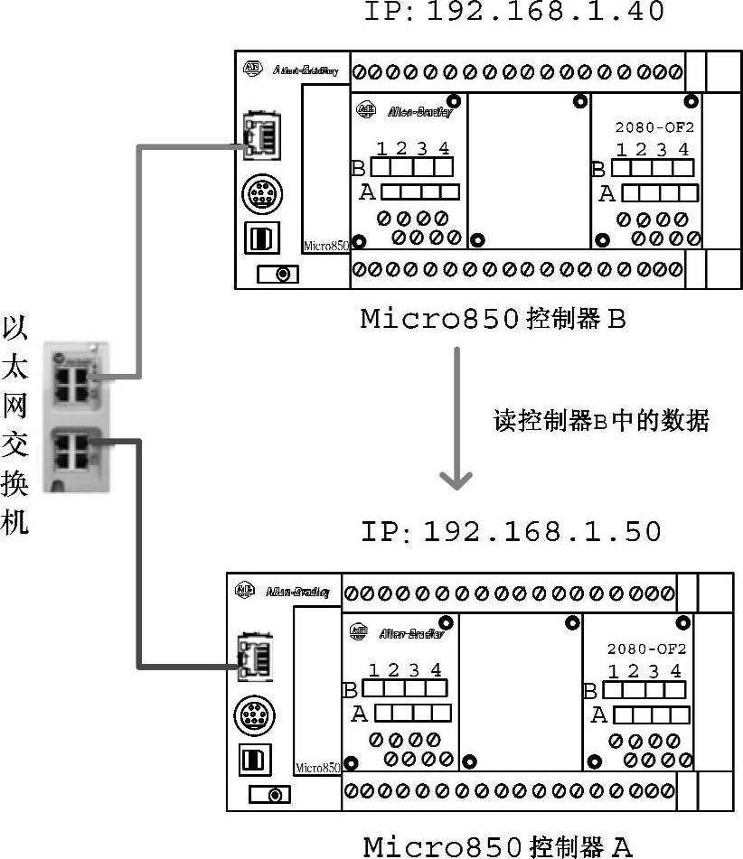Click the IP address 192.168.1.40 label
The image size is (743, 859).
513,12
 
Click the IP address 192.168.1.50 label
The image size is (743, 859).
512,531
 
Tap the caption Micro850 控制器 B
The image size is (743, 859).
493,319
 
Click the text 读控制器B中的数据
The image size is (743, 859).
601,420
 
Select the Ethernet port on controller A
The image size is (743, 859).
253,655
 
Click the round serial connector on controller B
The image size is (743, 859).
260,193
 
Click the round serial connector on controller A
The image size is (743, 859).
252,714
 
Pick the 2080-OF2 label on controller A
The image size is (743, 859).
646,649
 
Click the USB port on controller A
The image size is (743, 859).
252,759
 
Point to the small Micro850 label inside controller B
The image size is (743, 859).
325,245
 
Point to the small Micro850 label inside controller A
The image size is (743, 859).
317,768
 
